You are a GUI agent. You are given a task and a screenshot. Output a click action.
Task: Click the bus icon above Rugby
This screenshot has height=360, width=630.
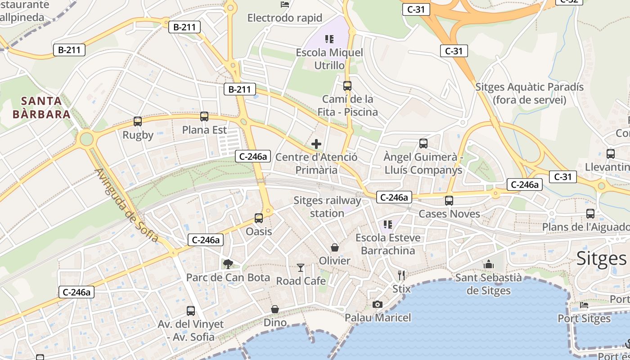point(138,121)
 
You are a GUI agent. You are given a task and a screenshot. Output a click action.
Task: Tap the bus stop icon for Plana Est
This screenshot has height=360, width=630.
point(204,117)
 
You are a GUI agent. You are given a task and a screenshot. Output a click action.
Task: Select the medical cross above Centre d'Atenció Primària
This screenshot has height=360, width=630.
point(316,144)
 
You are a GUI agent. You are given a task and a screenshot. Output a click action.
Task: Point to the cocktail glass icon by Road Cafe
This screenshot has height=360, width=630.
point(301,268)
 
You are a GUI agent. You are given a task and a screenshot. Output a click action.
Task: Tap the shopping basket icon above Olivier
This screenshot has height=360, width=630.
point(335,247)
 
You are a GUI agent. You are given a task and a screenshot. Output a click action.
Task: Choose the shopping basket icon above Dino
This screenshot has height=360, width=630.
point(275,309)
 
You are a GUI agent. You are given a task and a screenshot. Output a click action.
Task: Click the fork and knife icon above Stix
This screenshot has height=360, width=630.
point(401,275)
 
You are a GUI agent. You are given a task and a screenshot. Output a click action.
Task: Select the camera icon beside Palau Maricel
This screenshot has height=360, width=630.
point(378,305)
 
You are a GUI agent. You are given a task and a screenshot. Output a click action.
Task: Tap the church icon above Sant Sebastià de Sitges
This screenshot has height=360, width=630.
point(489,264)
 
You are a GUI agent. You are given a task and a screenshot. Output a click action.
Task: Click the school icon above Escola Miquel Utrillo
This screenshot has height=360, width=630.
point(329,39)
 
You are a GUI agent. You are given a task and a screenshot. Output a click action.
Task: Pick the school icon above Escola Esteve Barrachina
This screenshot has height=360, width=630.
point(388,224)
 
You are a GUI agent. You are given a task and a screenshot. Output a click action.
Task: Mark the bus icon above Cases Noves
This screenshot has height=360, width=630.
point(449,201)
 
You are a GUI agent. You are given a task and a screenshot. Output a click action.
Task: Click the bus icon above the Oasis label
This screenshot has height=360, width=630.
point(259,218)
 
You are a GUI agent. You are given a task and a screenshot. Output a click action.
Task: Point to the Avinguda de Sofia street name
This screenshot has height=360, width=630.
point(126,205)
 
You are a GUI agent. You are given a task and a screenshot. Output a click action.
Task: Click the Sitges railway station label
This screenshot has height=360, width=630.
point(327,207)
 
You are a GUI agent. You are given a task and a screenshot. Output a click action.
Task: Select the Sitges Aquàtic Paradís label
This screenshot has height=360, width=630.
point(529,93)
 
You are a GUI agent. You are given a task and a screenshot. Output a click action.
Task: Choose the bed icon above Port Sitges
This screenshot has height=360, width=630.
point(584,305)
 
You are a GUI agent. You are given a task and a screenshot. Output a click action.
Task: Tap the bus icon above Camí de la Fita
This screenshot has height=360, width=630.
point(347,85)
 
